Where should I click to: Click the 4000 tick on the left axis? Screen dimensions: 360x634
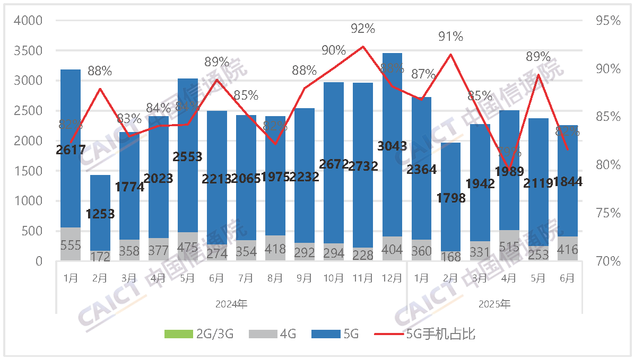(x=30, y=21)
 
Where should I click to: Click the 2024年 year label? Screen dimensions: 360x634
(x=231, y=304)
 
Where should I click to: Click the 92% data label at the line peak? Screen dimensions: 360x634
(x=363, y=28)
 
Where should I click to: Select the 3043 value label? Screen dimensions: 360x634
(x=392, y=146)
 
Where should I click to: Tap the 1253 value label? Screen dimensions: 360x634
(x=100, y=214)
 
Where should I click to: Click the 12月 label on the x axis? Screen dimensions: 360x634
(x=392, y=277)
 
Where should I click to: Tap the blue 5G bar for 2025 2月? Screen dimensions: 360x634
(x=450, y=175)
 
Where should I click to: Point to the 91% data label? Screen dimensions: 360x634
(x=450, y=37)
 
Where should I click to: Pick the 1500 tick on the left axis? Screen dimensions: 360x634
(x=30, y=171)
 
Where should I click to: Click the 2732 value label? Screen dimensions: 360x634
(x=363, y=166)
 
